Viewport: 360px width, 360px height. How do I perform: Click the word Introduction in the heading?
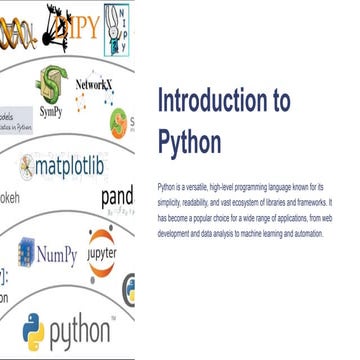[x=216, y=101]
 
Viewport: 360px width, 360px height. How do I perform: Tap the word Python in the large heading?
[x=190, y=141]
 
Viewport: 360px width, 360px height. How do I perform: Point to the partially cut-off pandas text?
[x=117, y=196]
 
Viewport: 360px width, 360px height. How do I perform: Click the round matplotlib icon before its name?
[x=27, y=166]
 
